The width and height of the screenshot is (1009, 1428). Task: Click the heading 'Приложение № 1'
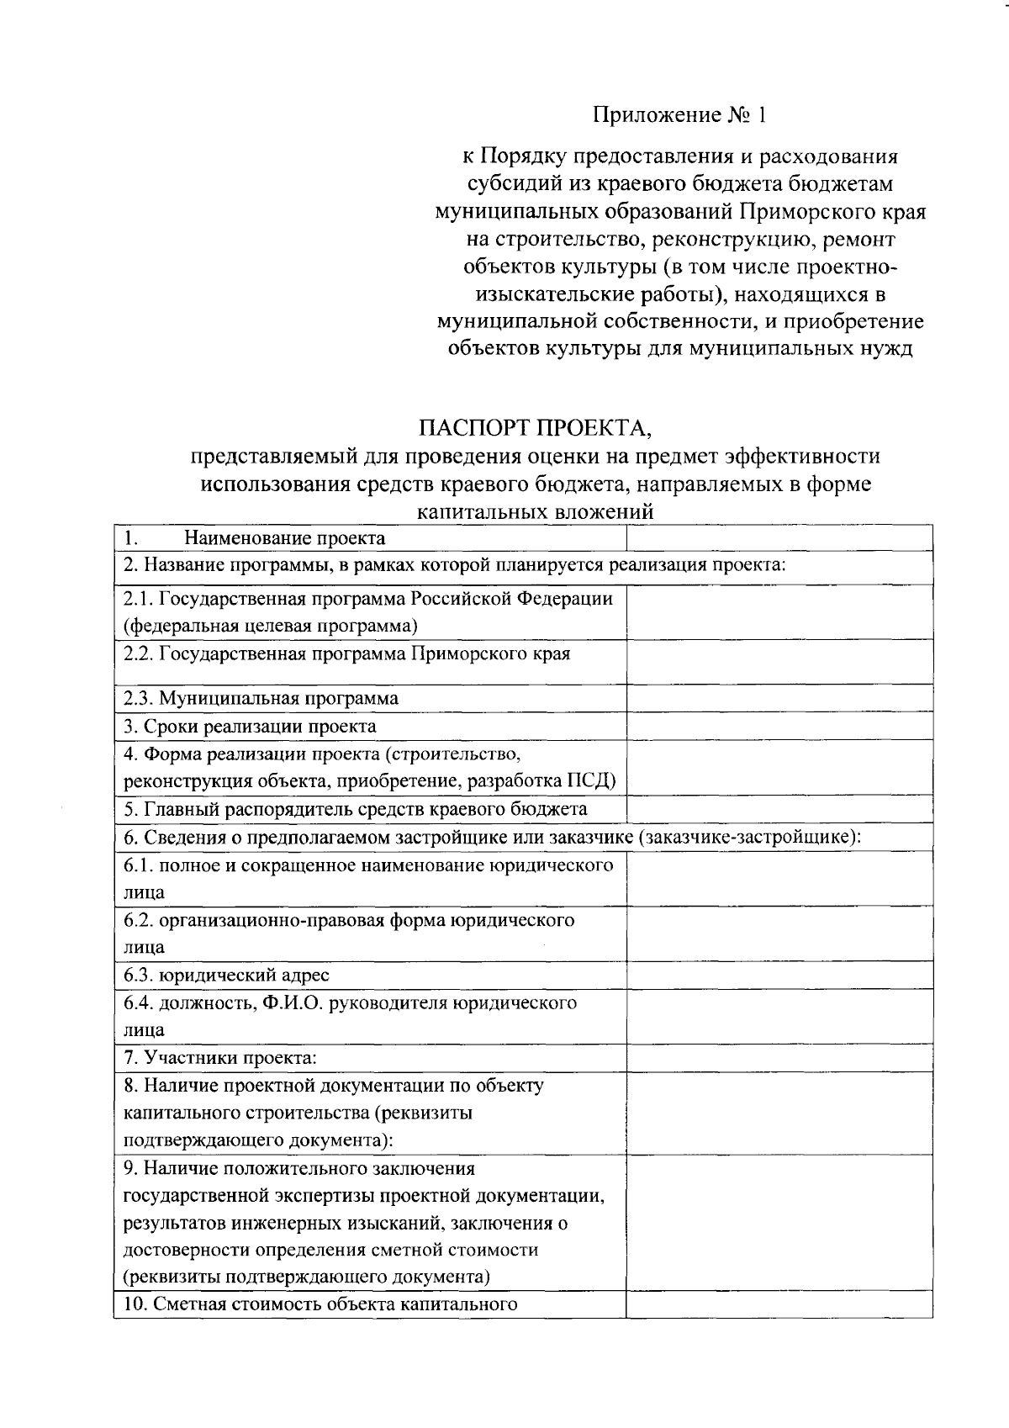(x=680, y=115)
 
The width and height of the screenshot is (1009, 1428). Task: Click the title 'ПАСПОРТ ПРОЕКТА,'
(x=536, y=429)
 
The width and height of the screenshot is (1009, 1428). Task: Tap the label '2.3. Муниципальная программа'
(x=261, y=698)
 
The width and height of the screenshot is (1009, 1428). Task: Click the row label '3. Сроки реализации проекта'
(x=250, y=726)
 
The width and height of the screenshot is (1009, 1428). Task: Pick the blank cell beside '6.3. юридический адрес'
(x=779, y=976)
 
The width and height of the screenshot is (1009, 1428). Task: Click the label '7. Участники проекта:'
(x=220, y=1058)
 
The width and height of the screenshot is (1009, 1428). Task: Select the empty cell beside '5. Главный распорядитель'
(x=779, y=809)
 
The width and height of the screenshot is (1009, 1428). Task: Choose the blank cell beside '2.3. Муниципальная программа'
(x=779, y=698)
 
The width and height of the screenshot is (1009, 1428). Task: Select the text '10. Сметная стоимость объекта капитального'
(x=320, y=1305)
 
